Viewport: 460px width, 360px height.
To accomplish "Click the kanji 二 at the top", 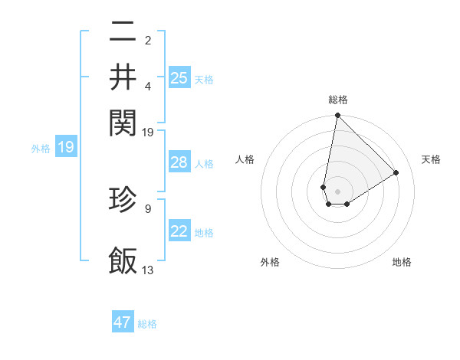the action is [123, 33].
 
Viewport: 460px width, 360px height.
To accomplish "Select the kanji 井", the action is [123, 76].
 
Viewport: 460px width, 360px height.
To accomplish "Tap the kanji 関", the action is [123, 119].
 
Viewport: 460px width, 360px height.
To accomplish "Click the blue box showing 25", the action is [179, 77].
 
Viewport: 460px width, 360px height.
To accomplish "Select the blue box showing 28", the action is [179, 162].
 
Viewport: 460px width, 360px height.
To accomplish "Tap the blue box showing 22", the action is [179, 231].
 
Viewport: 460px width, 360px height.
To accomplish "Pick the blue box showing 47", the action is [123, 322].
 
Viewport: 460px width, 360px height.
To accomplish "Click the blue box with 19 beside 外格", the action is [66, 147].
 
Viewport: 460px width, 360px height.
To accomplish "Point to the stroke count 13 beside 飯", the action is [148, 270].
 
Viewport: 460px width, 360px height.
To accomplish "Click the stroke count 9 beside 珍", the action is [148, 208].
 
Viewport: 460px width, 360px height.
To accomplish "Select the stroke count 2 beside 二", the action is [148, 41].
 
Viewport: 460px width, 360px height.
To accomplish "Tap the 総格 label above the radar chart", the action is [338, 100].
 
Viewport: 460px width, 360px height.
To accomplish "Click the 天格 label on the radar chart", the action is [431, 159].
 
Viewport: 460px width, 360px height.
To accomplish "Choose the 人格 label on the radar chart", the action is [245, 159].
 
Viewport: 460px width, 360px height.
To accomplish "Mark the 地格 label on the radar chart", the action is [402, 262].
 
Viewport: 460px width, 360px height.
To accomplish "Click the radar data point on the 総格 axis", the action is [337, 116].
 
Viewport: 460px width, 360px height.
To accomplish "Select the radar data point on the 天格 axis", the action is [396, 172].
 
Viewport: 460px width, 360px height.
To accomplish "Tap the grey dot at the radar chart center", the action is [337, 191].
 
